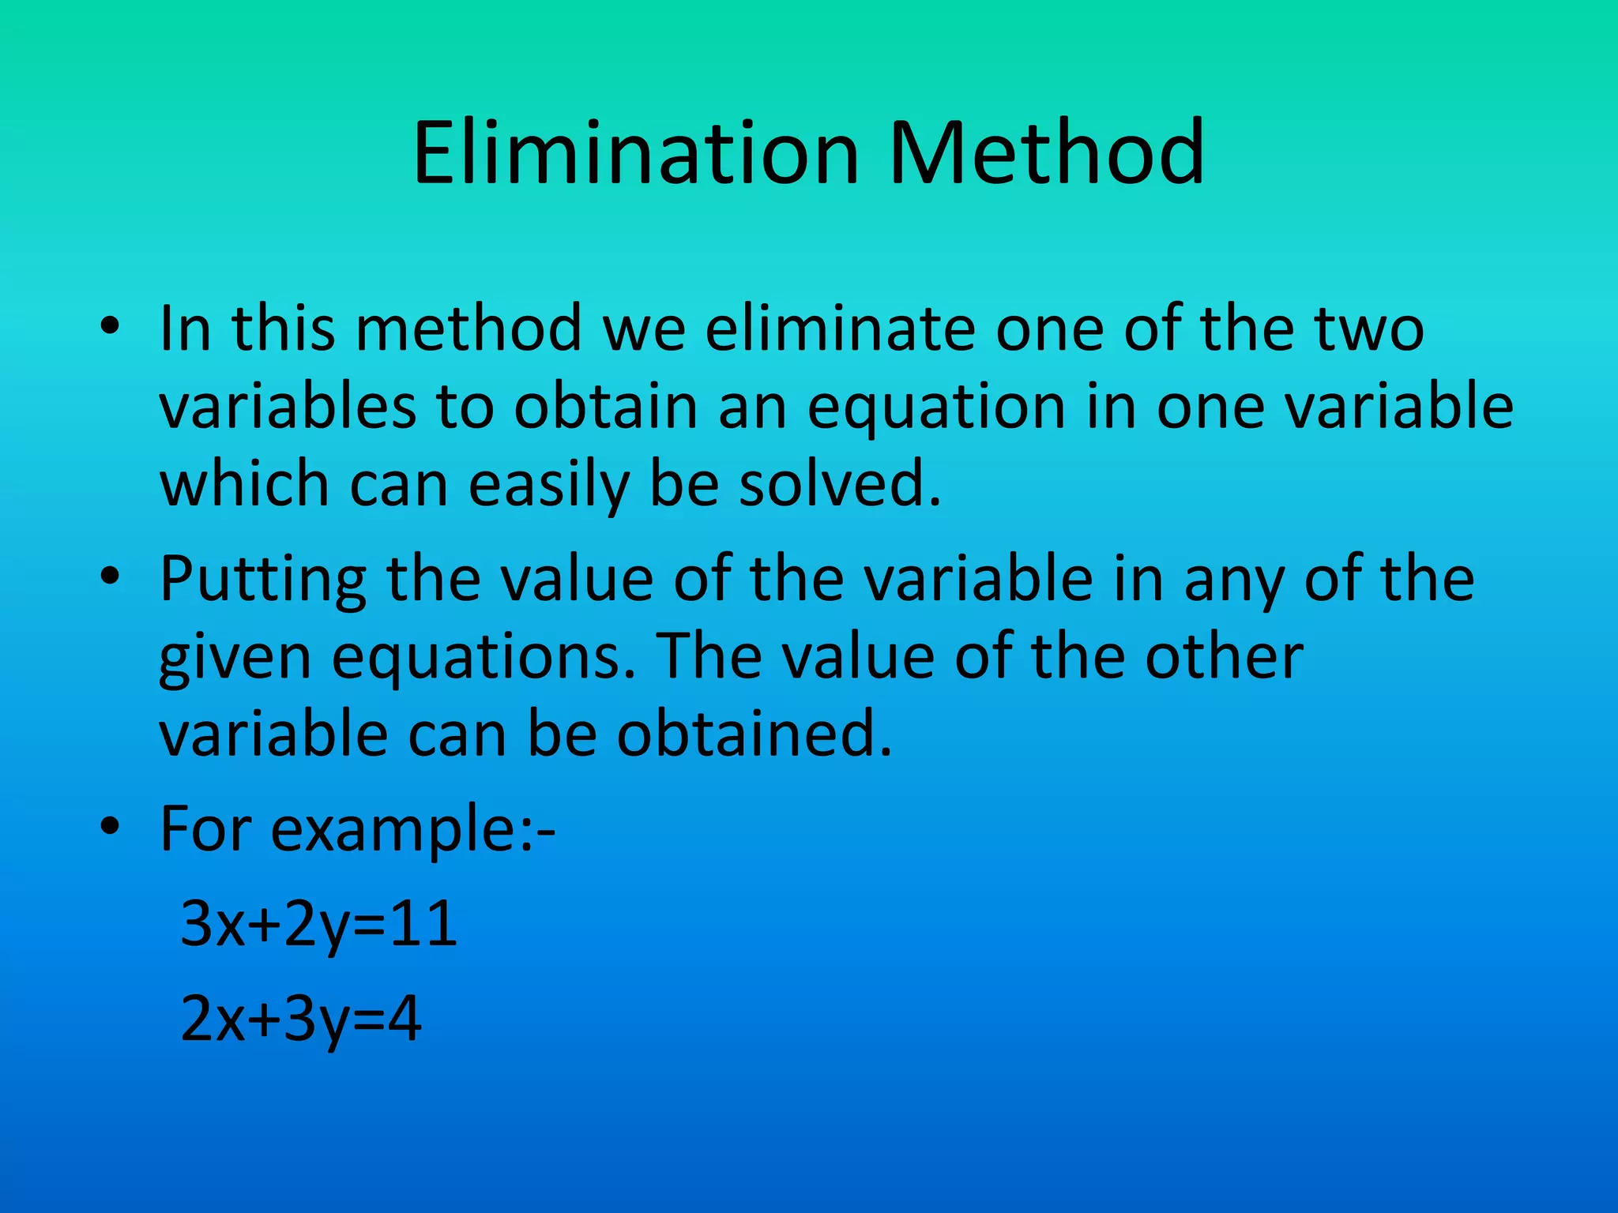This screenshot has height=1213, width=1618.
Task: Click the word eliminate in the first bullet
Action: coord(840,328)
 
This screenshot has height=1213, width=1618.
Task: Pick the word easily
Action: coord(548,485)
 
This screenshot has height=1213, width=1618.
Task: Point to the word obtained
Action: coord(754,734)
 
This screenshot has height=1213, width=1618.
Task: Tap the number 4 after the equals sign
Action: coord(404,1018)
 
